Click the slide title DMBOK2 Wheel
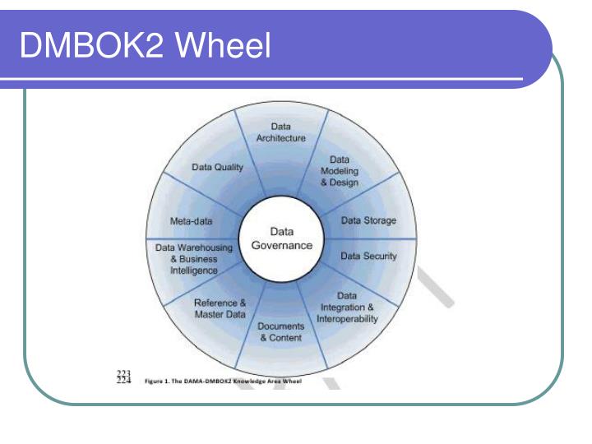point(146,45)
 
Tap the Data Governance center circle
point(282,238)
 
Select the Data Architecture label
point(281,132)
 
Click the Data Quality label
point(217,167)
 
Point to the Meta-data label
point(191,221)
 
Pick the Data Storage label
point(368,220)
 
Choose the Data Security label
point(368,256)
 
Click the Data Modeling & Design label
point(340,171)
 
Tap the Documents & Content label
point(281,332)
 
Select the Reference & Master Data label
point(220,308)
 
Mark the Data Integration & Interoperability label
point(347,308)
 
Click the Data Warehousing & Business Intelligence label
point(194,259)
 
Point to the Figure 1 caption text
point(223,381)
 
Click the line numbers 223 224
point(124,377)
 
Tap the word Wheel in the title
point(223,45)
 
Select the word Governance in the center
point(282,245)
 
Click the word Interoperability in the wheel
point(347,319)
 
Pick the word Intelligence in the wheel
point(194,271)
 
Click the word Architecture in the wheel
point(281,138)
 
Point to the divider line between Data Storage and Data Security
point(370,238)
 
